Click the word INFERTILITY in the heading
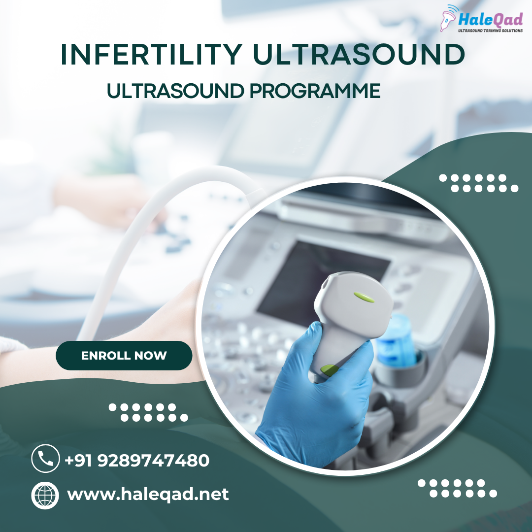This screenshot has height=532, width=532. pyautogui.click(x=152, y=54)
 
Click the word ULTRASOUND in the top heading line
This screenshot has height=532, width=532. pyautogui.click(x=359, y=54)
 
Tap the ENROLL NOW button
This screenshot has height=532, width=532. pyautogui.click(x=124, y=356)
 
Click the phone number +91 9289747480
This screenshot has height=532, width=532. pyautogui.click(x=137, y=461)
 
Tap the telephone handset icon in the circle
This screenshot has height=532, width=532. pyautogui.click(x=45, y=459)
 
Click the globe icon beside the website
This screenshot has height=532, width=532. pyautogui.click(x=45, y=496)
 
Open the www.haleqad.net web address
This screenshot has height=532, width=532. pyautogui.click(x=148, y=494)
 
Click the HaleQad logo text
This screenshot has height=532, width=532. pyautogui.click(x=490, y=19)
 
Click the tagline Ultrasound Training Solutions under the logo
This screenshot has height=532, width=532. pyautogui.click(x=490, y=31)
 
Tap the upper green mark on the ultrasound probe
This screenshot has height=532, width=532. pyautogui.click(x=364, y=297)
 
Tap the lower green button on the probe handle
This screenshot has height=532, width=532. pyautogui.click(x=329, y=370)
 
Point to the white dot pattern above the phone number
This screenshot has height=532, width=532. pyautogui.click(x=148, y=412)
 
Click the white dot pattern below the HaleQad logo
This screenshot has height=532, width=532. pyautogui.click(x=479, y=183)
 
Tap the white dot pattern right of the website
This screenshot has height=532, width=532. pyautogui.click(x=457, y=488)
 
